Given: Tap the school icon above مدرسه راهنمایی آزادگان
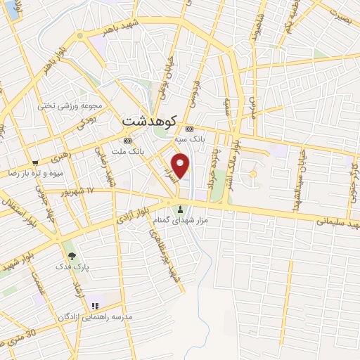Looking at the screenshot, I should pos(95,306).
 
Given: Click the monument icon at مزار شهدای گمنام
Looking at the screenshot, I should pos(181,209).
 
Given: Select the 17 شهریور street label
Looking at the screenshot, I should pos(72,190).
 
